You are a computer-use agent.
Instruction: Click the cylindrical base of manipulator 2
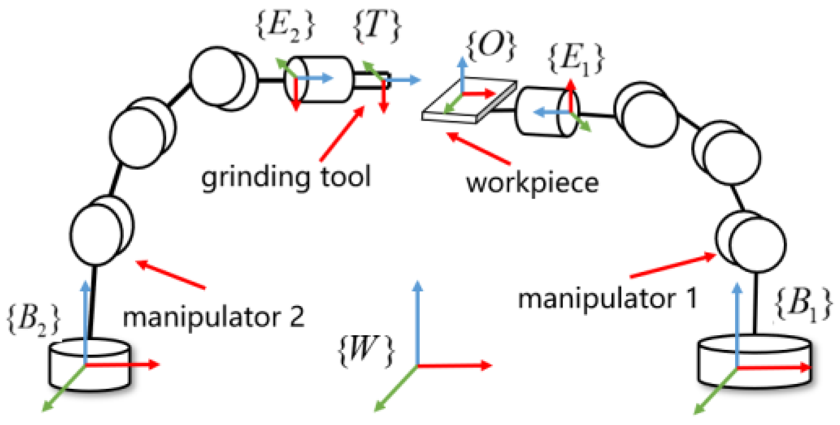tap(89, 365)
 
